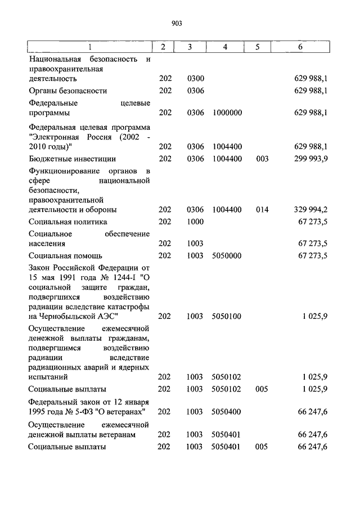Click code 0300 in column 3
click(x=195, y=79)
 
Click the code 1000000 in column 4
click(x=227, y=112)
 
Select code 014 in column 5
click(x=261, y=210)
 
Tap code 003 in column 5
click(x=261, y=159)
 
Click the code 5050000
click(x=227, y=255)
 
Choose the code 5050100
click(x=227, y=316)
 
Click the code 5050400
click(x=227, y=412)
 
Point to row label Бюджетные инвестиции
click(x=73, y=159)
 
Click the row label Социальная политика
click(x=68, y=222)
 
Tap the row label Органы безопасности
click(x=68, y=91)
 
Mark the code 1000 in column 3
click(x=195, y=222)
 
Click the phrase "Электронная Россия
click(x=63, y=137)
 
